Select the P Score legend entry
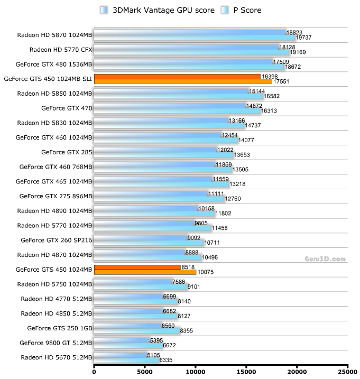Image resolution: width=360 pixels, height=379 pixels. point(243,10)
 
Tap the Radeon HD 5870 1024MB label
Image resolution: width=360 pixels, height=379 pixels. point(55,35)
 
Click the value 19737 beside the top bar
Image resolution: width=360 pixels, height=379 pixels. point(306,38)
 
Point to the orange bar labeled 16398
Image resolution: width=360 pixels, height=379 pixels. point(177,77)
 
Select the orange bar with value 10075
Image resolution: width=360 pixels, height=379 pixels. point(145,272)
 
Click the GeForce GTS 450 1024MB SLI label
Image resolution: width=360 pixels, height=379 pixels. point(48,79)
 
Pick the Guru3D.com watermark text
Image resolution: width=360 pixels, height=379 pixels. point(325,259)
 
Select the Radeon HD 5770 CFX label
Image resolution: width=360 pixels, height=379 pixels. point(61,50)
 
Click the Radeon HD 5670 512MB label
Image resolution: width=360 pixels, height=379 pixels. point(57,357)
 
